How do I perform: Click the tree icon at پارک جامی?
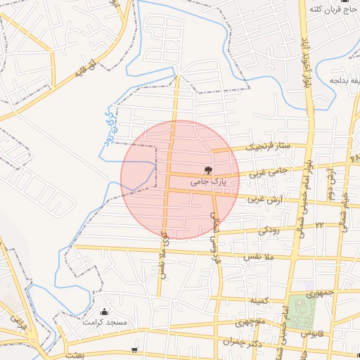pos(207,169)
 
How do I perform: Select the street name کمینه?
pos(260,301)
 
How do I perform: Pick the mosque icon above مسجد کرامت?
pos(105,311)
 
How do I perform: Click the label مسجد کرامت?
pos(105,322)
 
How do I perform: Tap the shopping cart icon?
pos(134,349)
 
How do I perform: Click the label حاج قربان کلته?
pos(330,9)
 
